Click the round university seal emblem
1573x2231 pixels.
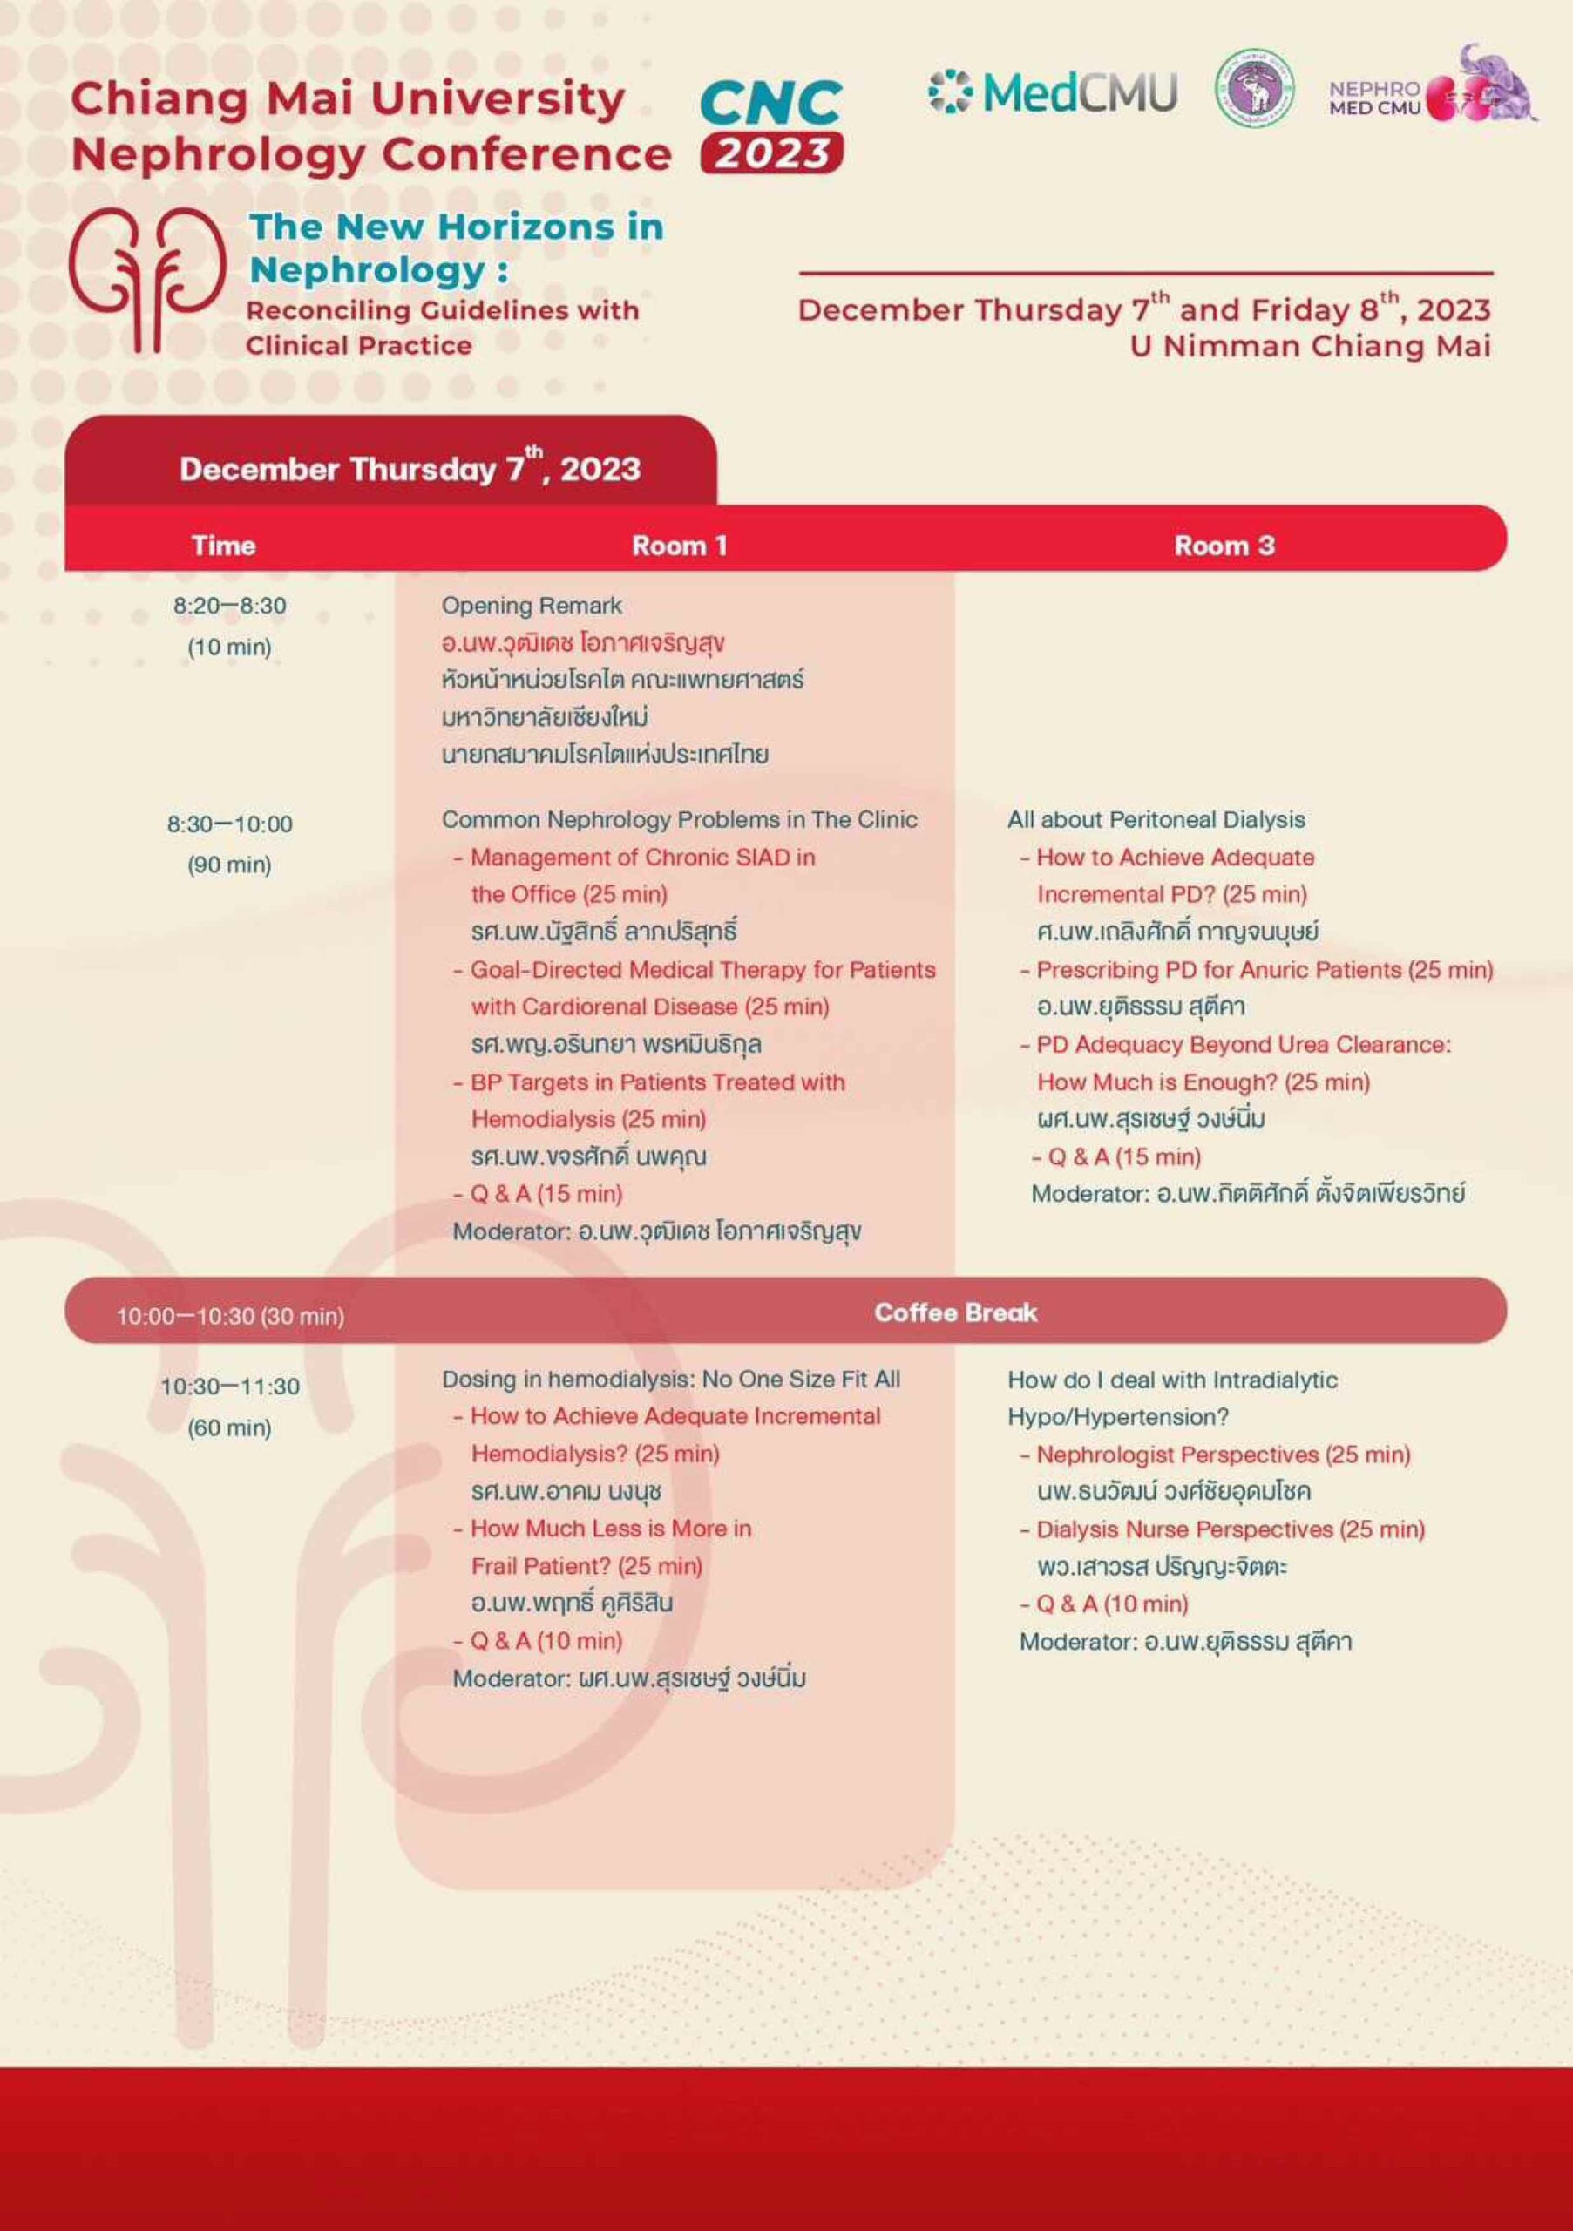tap(1254, 90)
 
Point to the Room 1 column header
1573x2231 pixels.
tap(679, 546)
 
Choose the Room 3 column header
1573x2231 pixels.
tap(1224, 546)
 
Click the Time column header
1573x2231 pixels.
tap(223, 546)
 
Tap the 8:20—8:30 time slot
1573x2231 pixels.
tap(230, 606)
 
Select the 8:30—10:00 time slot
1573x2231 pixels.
tap(230, 824)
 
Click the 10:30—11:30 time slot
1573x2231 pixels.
tap(230, 1387)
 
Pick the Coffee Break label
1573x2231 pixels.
tap(955, 1312)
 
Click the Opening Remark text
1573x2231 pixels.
tap(532, 606)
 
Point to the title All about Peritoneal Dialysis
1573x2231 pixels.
tap(1156, 819)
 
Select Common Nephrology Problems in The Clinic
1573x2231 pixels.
tap(679, 819)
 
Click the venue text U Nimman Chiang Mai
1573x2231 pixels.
tap(1309, 346)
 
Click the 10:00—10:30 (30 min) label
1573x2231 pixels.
tap(230, 1316)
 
